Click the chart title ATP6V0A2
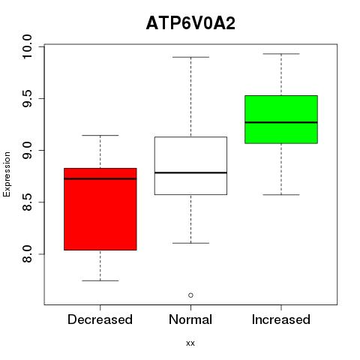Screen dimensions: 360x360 190,23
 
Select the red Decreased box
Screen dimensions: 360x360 100,209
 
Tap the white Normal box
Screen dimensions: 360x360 190,166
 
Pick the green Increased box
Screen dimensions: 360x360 281,119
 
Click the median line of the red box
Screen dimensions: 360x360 100,178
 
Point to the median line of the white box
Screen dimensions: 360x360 190,172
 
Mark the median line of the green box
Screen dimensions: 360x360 281,122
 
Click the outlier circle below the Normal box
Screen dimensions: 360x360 190,295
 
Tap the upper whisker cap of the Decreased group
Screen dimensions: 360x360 100,135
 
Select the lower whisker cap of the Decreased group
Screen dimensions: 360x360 100,280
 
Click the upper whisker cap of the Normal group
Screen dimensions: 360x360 190,57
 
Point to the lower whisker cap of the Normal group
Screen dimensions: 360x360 190,243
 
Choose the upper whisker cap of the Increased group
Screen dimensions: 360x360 281,54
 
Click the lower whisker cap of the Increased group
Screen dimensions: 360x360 281,194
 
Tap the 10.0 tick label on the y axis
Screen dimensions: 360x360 27,46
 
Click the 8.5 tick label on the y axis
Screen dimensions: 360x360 27,202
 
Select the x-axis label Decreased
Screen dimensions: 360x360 100,319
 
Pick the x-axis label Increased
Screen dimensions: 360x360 281,319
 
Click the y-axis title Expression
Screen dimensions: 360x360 7,174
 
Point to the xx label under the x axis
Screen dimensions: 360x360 190,343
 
